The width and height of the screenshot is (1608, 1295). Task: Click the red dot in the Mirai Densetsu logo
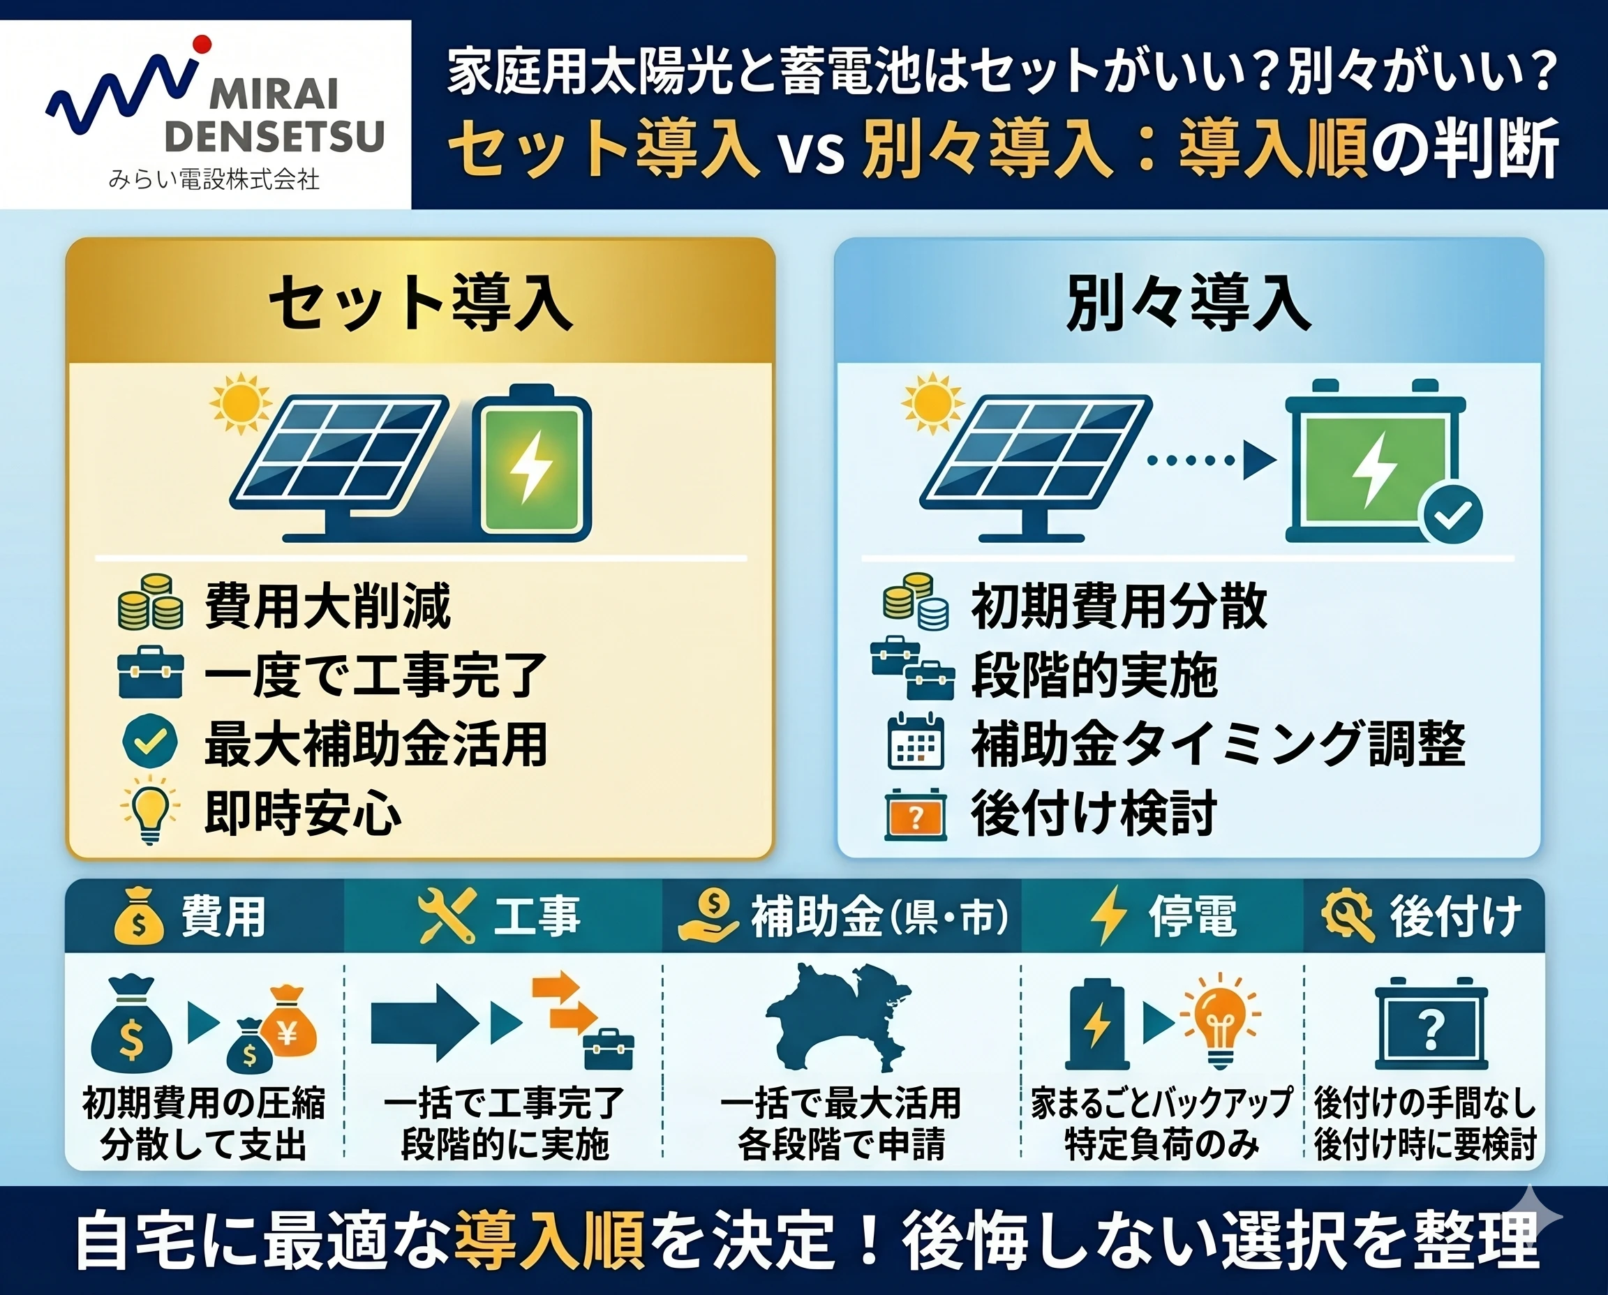[202, 45]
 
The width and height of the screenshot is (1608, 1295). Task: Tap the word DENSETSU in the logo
[274, 136]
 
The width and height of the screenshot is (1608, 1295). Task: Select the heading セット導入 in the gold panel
[420, 303]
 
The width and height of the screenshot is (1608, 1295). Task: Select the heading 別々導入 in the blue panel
[1188, 303]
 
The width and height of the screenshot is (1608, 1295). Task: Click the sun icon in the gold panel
[240, 403]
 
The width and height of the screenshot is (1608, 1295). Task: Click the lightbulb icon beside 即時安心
[150, 809]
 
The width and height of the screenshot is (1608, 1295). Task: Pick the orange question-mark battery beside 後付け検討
[915, 814]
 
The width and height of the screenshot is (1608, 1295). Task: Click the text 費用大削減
[327, 605]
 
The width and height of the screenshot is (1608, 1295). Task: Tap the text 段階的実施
[1094, 674]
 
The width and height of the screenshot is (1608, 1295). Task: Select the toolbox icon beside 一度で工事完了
[150, 673]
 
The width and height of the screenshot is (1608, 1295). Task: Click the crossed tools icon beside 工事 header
[446, 915]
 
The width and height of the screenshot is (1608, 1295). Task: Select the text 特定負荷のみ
[1161, 1144]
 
